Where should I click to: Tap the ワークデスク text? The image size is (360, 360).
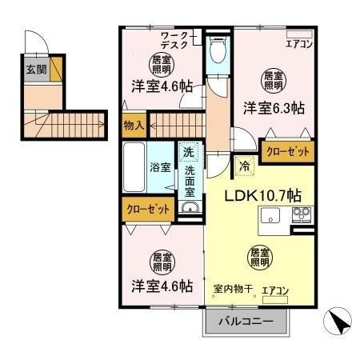click(x=174, y=41)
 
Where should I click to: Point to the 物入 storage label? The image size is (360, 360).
click(x=134, y=125)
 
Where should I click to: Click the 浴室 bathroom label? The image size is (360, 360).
click(x=160, y=167)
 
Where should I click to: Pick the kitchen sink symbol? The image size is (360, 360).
click(x=270, y=215)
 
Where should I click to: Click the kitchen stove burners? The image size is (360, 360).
click(x=302, y=214)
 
